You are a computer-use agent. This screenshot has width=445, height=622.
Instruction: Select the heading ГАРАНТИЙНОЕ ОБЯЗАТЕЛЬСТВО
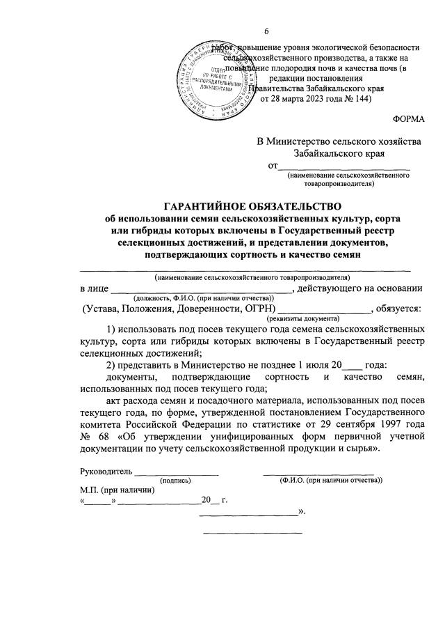click(x=253, y=206)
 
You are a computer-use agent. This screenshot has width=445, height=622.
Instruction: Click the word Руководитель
click(x=106, y=472)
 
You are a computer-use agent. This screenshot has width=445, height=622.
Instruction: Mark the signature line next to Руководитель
click(x=176, y=474)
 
